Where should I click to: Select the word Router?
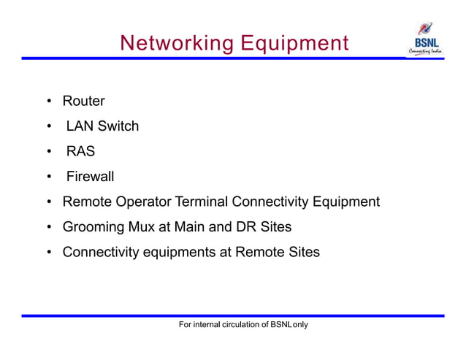tap(83, 101)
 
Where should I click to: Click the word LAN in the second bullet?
tap(80, 126)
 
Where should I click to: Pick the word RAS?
tap(80, 152)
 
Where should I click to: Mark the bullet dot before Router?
tap(47, 102)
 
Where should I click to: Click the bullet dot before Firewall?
tap(47, 177)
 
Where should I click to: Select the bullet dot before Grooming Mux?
tap(47, 228)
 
